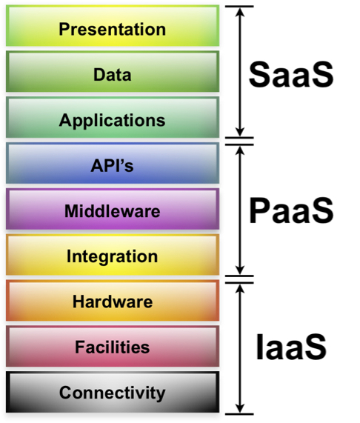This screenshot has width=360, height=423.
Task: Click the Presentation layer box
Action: pos(113,26)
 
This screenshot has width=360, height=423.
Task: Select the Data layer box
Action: pos(113,72)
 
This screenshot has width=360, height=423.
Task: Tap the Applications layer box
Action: pos(113,117)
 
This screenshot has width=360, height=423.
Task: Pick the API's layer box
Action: pos(113,163)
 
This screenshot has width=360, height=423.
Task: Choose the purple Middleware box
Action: pos(113,209)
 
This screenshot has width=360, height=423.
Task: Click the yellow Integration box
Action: pos(113,255)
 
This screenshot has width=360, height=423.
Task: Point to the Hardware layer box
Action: pos(113,301)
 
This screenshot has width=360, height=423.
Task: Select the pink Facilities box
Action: pos(113,347)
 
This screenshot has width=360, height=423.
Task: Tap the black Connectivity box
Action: pos(113,392)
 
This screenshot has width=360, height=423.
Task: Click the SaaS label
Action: pos(291,74)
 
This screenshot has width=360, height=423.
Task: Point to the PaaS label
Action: pos(291,210)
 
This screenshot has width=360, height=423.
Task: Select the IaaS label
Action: pos(291,347)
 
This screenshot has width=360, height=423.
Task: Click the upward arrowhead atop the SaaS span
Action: pos(240,12)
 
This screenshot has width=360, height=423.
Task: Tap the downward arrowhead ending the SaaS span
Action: pos(240,132)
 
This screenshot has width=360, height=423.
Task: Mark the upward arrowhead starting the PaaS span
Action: pos(240,150)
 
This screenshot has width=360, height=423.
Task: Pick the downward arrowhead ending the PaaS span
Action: pos(240,270)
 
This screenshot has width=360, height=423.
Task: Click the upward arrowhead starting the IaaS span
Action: pos(240,289)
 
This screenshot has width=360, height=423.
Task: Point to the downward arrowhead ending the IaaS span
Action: pos(240,408)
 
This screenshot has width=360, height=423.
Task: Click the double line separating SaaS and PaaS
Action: pos(240,141)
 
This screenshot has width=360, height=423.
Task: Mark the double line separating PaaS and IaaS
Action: pos(240,279)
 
